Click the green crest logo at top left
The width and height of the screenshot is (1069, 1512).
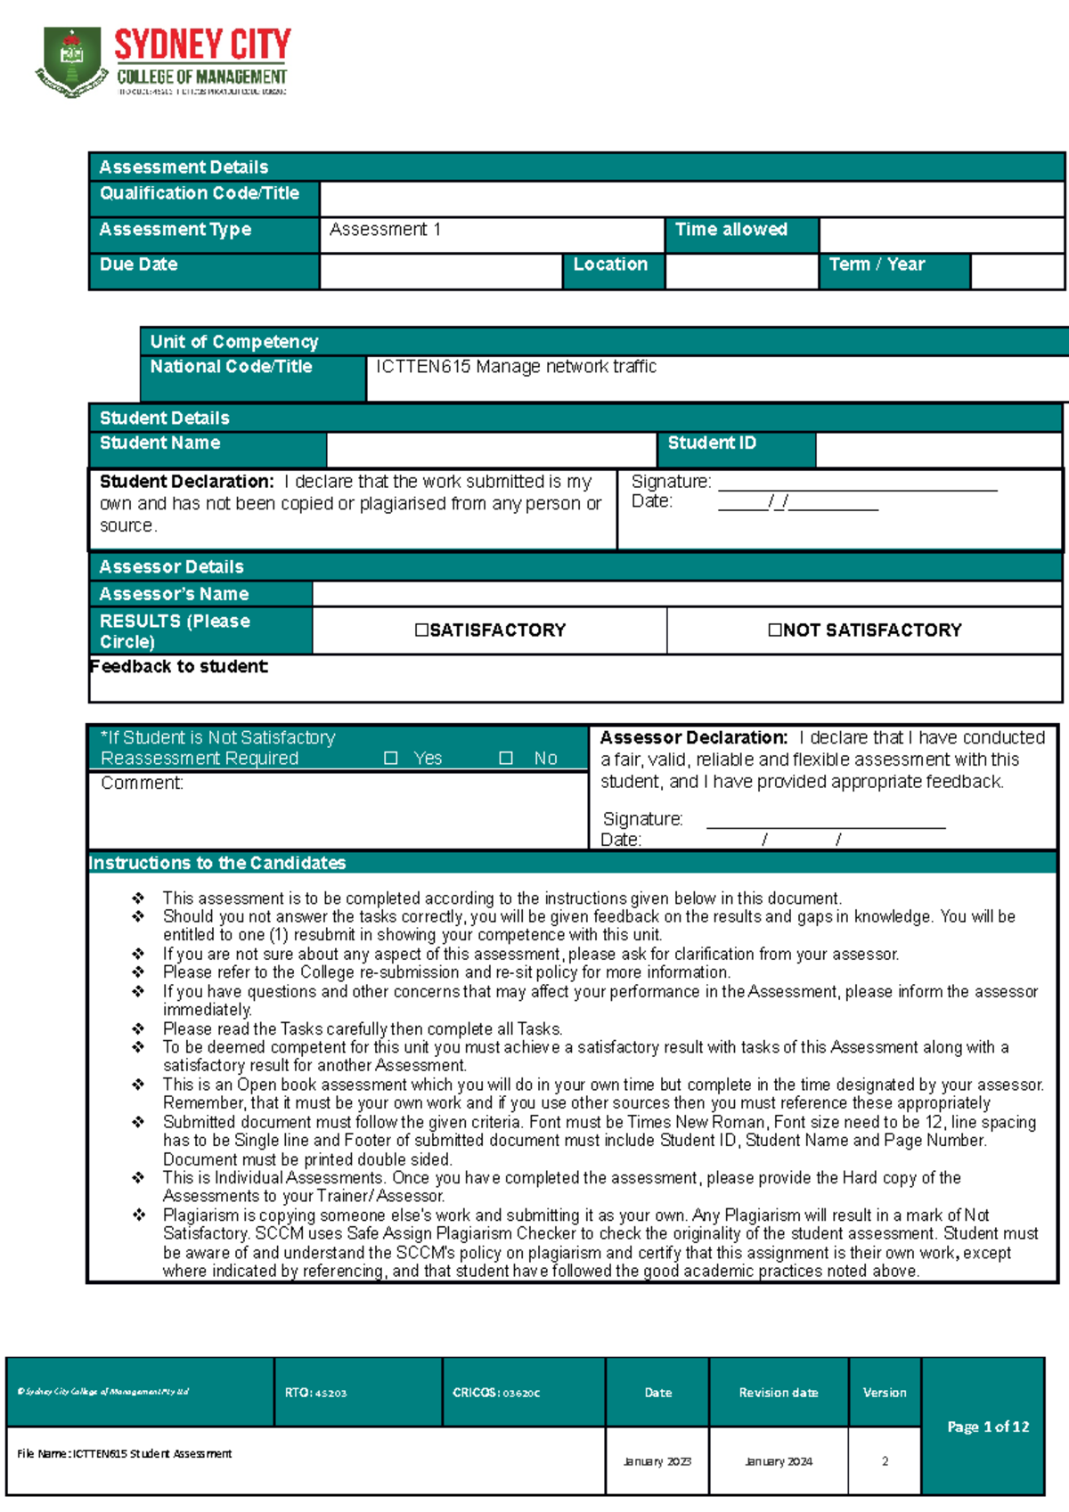(71, 62)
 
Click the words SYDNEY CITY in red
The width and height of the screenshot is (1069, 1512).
(203, 45)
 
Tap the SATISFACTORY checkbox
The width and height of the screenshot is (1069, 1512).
(421, 630)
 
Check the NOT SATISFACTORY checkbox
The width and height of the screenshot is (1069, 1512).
(775, 630)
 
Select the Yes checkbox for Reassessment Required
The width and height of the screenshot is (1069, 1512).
(390, 758)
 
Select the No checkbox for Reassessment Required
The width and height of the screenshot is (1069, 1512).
(506, 758)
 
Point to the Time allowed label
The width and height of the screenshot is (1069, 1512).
(730, 230)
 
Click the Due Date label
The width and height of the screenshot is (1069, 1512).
(138, 264)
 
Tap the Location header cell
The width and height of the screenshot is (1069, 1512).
(610, 264)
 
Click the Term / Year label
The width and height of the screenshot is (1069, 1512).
(877, 264)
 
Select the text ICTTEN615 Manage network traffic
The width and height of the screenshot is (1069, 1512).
(516, 367)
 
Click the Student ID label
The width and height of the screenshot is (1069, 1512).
(712, 443)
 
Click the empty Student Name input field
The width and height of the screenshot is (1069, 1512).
(491, 450)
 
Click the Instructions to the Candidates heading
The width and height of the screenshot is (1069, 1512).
(217, 863)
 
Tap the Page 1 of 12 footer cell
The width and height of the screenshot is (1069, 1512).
(987, 1427)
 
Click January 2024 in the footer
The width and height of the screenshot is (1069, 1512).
(779, 1461)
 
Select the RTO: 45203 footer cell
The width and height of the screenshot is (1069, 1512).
(315, 1393)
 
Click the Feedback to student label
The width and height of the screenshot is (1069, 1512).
(179, 666)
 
